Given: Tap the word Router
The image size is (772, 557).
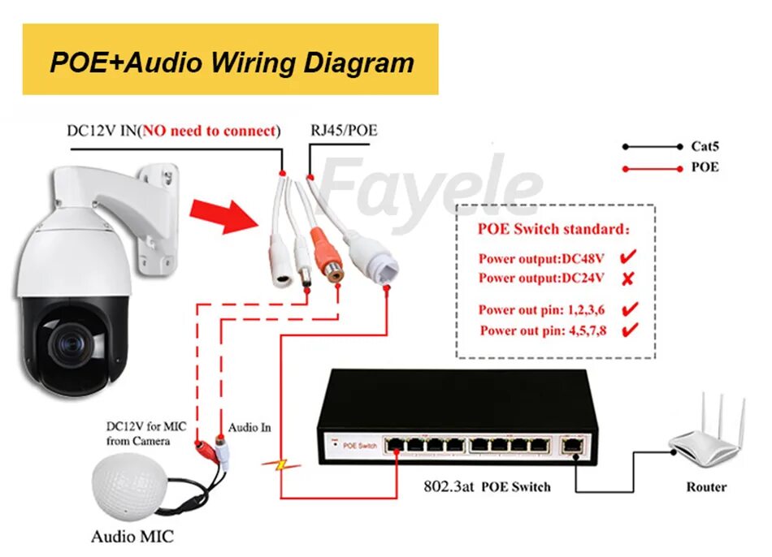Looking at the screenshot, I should [706, 487].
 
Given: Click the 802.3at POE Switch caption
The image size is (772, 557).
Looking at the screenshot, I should [487, 487].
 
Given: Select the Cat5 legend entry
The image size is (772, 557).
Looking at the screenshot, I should [705, 147].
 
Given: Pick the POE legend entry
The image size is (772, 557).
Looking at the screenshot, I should [705, 168].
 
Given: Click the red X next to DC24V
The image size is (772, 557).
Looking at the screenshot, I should [628, 278].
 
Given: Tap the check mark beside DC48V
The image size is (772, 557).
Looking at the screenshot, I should [628, 258].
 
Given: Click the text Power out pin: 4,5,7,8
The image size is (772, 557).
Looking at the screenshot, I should [543, 330].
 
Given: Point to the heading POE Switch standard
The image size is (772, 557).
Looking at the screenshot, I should [553, 230].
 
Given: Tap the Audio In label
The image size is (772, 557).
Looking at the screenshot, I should [249, 427].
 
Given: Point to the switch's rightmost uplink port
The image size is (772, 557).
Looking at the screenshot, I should [572, 445].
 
